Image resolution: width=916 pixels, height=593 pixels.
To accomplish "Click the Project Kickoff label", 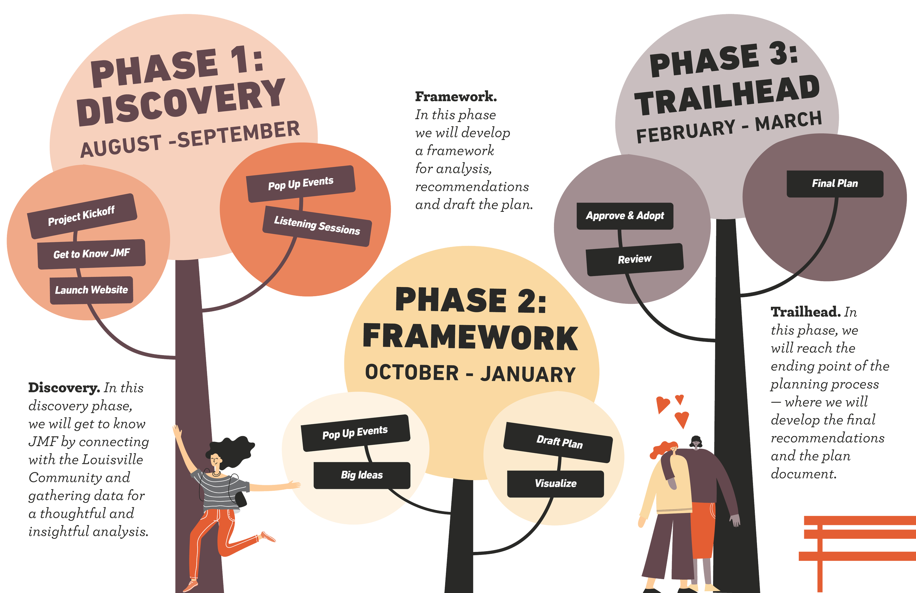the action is pos(82,216).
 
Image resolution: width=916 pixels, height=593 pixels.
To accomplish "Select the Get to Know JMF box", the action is pos(92,254).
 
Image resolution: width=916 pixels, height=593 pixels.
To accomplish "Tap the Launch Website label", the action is pos(92,290).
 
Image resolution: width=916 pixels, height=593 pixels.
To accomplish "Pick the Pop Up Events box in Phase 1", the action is pos(300,184).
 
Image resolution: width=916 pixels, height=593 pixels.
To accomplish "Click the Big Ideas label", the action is pos(362,475).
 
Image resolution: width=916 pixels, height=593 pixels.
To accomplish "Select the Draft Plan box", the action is pos(559,442).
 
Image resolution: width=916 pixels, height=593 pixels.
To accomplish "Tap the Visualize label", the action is pos(555,484).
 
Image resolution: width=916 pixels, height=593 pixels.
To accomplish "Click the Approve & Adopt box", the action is pos(625,216).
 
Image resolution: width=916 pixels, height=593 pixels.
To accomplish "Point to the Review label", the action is pos(634,259).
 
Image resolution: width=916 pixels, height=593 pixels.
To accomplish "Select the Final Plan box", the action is pos(834,184).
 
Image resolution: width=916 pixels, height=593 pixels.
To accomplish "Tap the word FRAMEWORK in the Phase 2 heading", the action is pos(470,338).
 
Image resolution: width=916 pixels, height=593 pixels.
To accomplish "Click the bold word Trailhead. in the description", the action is pos(805,312).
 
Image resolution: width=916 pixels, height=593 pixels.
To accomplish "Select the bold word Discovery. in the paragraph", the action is pos(63,388).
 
